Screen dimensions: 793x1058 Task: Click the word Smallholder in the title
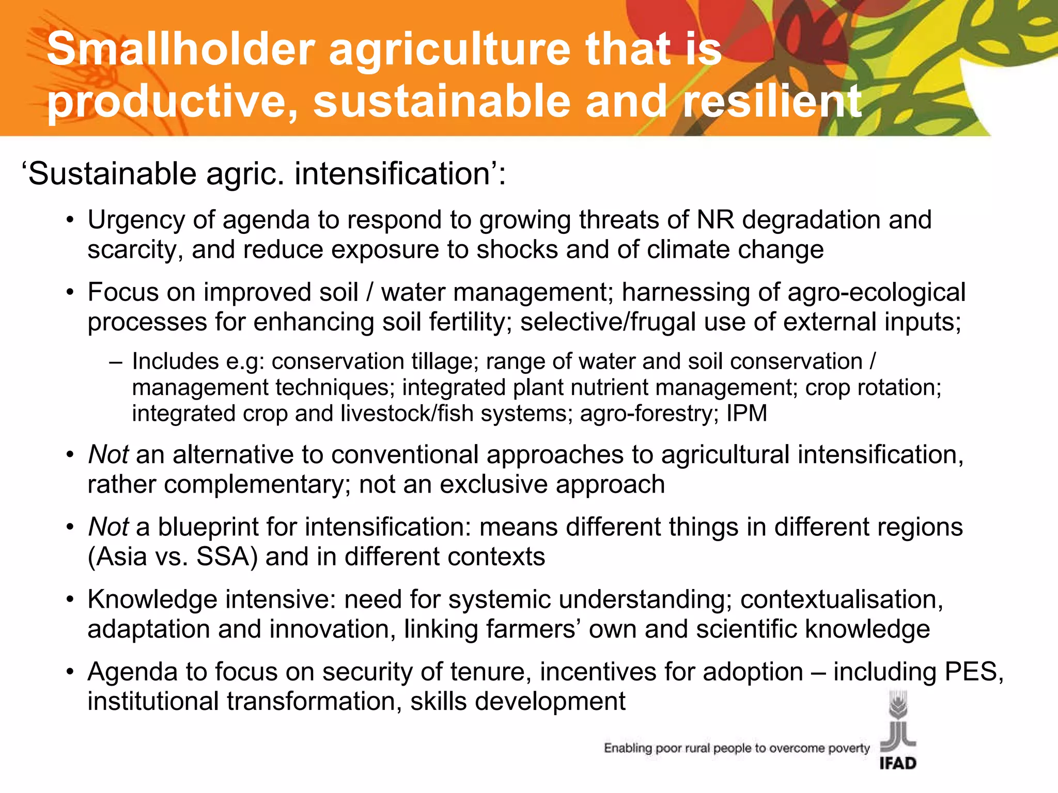click(x=181, y=49)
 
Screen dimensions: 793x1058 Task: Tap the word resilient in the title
click(x=772, y=101)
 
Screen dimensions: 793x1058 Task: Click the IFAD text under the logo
click(x=898, y=763)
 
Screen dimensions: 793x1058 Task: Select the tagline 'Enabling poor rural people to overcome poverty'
click(x=737, y=748)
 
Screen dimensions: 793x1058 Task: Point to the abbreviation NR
click(x=715, y=220)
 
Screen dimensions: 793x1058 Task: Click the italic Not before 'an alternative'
click(x=108, y=455)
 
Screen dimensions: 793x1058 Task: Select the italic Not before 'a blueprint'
click(x=108, y=527)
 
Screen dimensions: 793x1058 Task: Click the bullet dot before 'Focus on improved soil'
click(x=70, y=293)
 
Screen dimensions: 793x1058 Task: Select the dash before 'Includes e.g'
click(x=116, y=362)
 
